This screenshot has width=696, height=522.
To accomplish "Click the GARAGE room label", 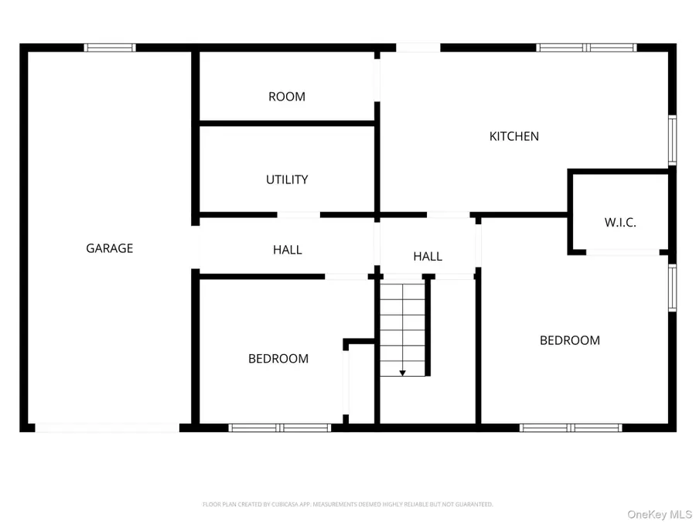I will (x=109, y=248).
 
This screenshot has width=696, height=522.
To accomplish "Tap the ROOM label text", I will (x=286, y=97).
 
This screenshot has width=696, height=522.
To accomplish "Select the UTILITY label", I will (x=287, y=179).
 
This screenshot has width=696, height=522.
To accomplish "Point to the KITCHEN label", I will (x=514, y=136).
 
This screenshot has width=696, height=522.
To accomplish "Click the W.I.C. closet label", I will (x=620, y=223).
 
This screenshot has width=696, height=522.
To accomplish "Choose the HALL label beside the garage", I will (x=287, y=250).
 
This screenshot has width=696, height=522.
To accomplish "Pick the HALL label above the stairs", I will (x=428, y=256).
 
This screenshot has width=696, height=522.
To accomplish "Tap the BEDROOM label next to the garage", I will (x=278, y=359).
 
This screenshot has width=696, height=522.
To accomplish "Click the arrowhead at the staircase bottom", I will (x=402, y=373).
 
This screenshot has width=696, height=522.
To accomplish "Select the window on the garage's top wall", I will (x=110, y=48).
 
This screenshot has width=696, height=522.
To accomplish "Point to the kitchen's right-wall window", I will (x=672, y=140).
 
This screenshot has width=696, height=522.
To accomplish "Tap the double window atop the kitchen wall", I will (x=587, y=48).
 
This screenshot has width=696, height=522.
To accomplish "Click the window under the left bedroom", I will (x=280, y=428).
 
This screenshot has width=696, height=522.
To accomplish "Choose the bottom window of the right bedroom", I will (x=571, y=428).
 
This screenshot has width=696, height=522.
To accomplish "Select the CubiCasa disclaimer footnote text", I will (x=347, y=504).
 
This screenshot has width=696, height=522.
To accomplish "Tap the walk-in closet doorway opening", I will (x=623, y=252).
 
